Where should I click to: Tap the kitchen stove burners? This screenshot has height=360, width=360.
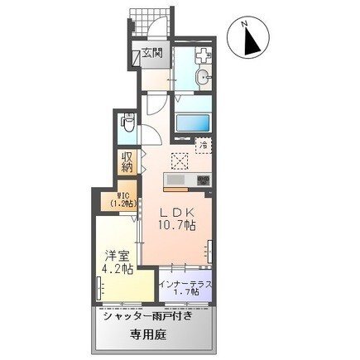point(202,180)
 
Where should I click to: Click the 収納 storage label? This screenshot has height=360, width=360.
point(127,162)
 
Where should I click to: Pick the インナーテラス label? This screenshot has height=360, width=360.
point(185,285)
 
